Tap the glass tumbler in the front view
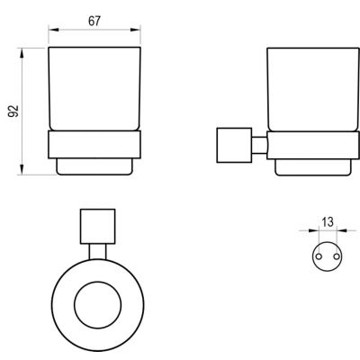[x=94, y=85]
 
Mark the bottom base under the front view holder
[x=94, y=167]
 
